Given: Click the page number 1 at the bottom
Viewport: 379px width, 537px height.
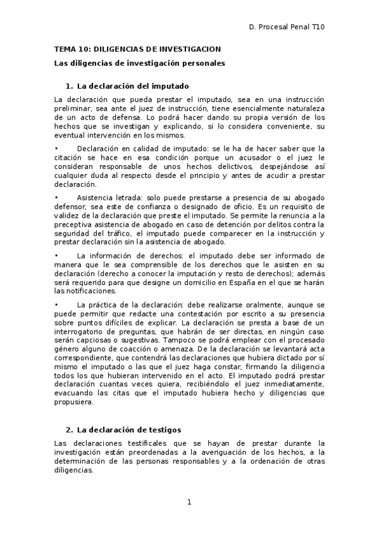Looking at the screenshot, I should pos(189,502).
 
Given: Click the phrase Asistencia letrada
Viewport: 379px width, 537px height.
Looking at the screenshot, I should pos(104,198).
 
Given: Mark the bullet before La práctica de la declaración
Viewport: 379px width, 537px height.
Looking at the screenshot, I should pos(56,305).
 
